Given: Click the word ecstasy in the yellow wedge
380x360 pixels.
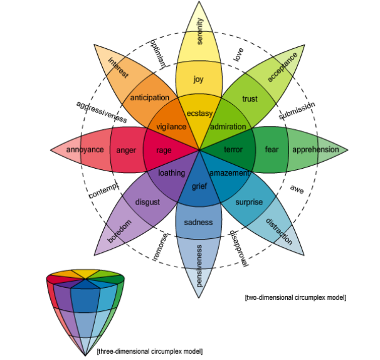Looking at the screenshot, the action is [199, 114].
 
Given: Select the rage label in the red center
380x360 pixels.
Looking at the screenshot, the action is [164, 151].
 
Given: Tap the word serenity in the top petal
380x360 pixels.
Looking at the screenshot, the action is [199, 31].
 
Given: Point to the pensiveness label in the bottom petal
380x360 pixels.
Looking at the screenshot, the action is [199, 266].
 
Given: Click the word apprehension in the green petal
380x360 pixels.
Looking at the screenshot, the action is [315, 149].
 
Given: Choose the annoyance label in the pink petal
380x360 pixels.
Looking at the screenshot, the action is [85, 149].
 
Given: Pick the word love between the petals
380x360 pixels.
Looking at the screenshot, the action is [238, 55].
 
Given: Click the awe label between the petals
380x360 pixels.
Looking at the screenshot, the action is [297, 189].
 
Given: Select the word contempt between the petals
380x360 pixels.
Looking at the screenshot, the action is [103, 191].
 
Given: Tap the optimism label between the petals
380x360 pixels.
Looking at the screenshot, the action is [158, 53].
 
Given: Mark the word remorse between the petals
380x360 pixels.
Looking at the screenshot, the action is [160, 247].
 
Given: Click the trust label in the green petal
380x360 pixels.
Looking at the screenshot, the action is [250, 99].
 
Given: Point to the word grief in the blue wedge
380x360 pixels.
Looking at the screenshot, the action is [199, 186].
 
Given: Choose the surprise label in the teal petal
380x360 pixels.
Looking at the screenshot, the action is [249, 202].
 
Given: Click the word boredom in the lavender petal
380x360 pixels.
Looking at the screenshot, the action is [120, 231].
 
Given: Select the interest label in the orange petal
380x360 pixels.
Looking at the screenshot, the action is [118, 68].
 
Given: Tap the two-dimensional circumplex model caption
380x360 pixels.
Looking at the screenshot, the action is [295, 297].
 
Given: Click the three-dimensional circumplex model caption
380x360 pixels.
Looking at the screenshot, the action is [149, 351].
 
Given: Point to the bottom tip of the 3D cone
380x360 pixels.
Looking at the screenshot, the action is [85, 356].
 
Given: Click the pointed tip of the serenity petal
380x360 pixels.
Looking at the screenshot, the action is [199, 1].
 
